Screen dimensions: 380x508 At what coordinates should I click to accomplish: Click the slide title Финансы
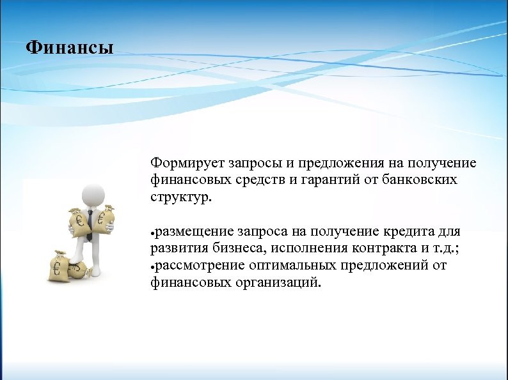[x=70, y=48]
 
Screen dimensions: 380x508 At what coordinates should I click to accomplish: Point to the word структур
[x=179, y=197]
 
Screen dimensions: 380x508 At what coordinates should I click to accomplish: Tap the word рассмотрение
[x=201, y=264]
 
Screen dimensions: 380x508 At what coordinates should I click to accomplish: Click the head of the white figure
[x=94, y=192]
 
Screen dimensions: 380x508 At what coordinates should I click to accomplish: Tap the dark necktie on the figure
[x=90, y=224]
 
